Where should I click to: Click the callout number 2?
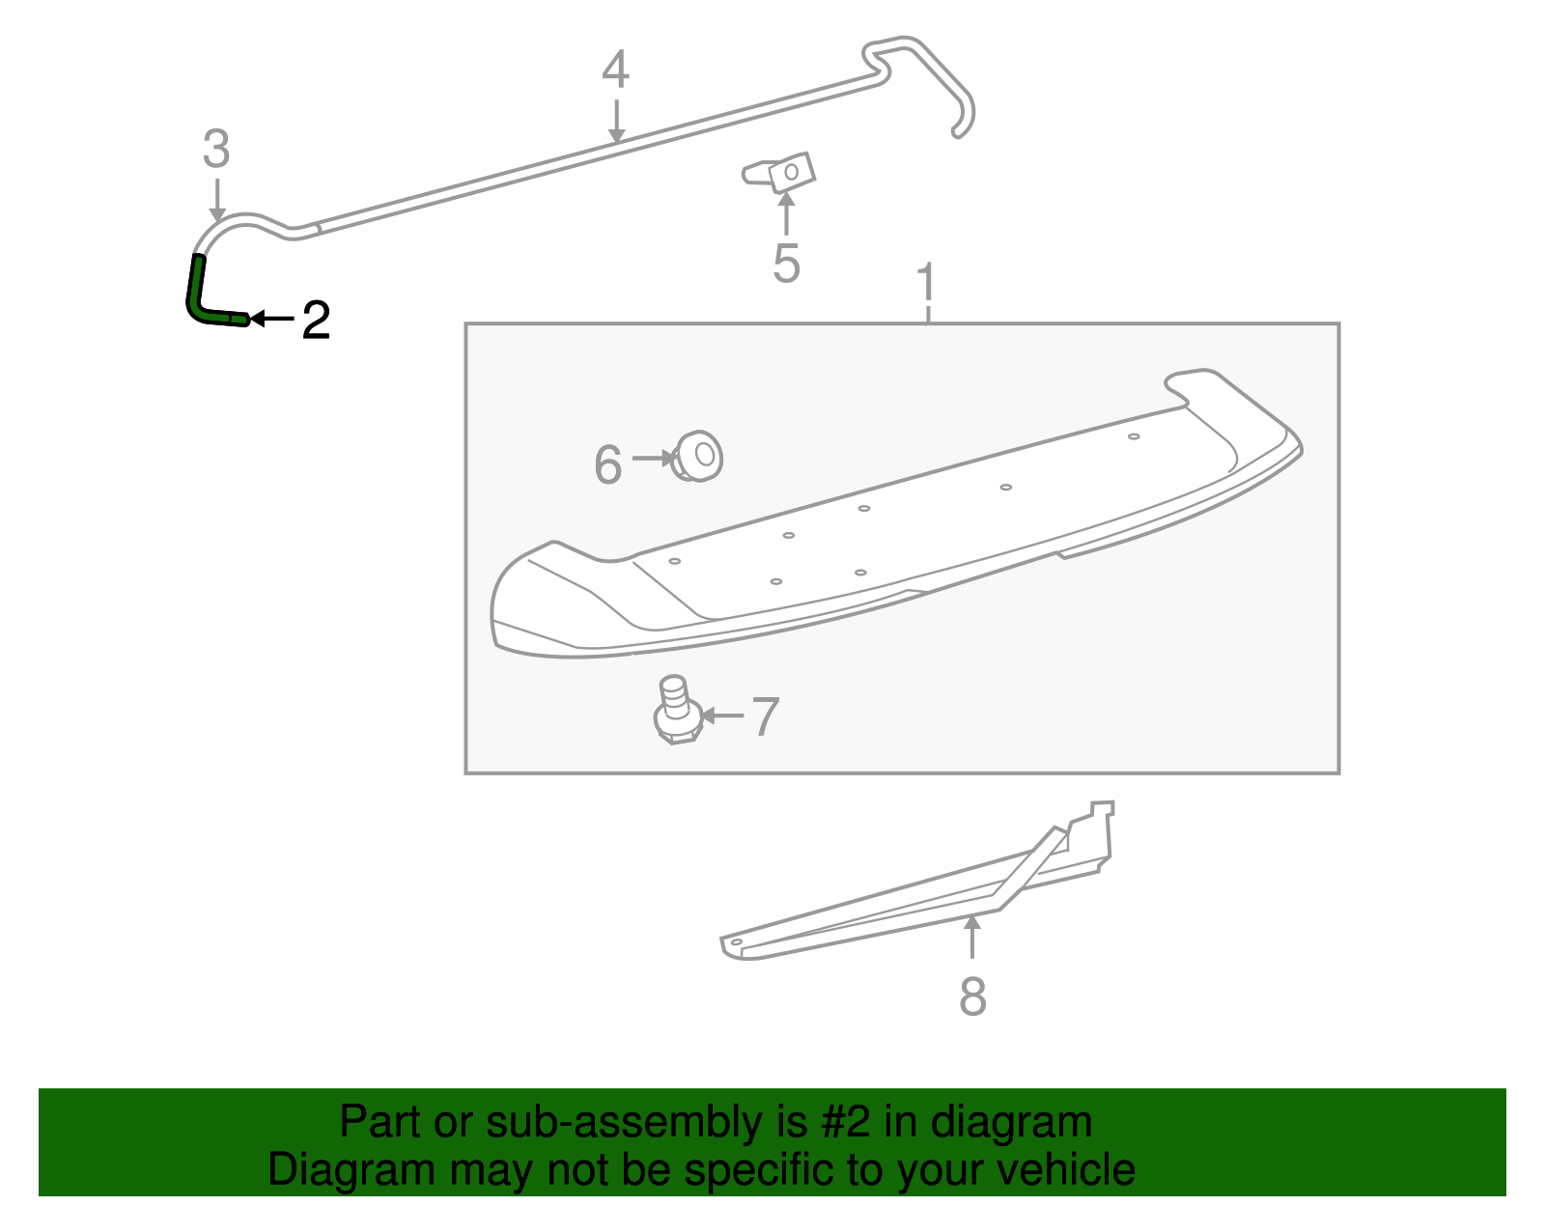316,320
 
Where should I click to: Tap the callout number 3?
216,150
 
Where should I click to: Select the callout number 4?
615,70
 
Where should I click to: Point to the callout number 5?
786,264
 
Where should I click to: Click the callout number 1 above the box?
927,283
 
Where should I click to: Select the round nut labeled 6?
699,457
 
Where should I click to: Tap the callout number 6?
608,464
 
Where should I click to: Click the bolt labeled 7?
675,713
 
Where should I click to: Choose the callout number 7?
765,716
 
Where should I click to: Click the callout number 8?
972,996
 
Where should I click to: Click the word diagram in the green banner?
1011,1123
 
